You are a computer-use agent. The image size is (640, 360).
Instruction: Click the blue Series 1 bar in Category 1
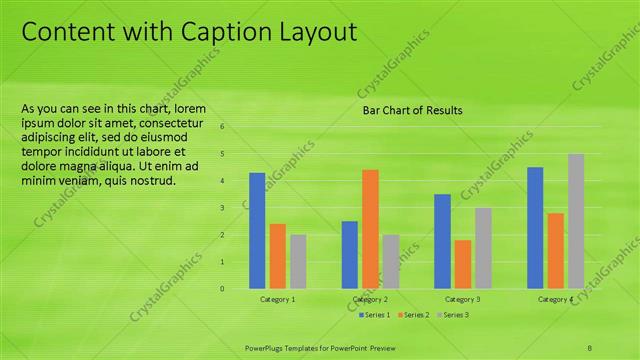[x=257, y=230]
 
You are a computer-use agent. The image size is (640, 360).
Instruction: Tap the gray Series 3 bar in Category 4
[x=575, y=221]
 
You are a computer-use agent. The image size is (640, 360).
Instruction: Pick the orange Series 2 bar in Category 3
[x=462, y=263]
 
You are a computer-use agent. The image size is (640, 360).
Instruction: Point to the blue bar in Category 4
[x=535, y=227]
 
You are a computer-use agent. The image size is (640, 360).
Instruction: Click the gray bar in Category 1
[x=298, y=261]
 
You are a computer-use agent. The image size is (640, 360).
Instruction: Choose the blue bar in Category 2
[x=350, y=254]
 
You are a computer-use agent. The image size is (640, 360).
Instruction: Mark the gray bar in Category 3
[x=483, y=247]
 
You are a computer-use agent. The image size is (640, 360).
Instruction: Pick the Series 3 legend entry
[x=453, y=315]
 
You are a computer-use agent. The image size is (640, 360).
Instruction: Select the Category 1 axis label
[x=278, y=300]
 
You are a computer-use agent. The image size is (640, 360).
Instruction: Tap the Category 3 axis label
[x=463, y=300]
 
